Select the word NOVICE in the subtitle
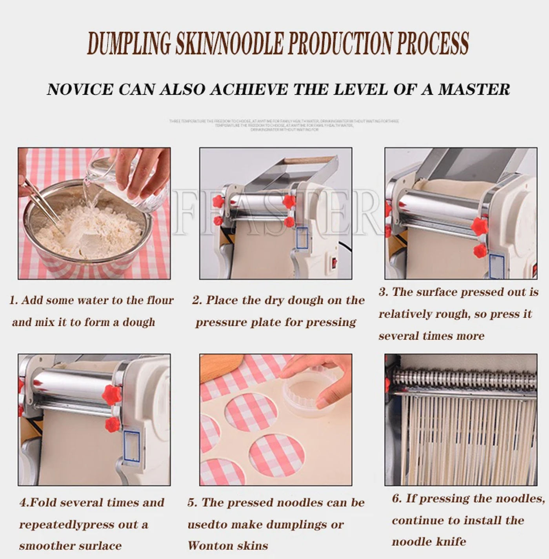tap(79, 89)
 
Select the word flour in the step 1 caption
tap(160, 300)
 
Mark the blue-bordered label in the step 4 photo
tap(131, 447)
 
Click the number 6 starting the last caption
tap(396, 499)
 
